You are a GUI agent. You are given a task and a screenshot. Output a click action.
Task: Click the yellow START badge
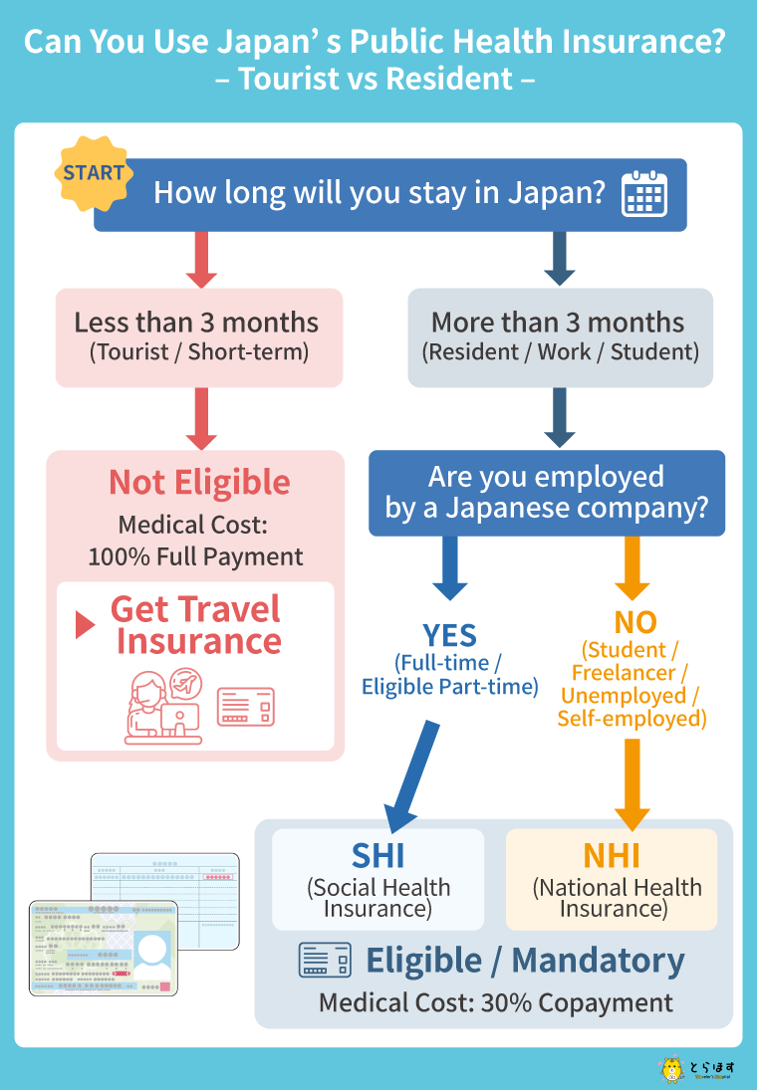94,173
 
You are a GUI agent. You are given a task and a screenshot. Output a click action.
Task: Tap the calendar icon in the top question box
644,194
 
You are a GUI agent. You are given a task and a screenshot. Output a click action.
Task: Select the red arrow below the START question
201,260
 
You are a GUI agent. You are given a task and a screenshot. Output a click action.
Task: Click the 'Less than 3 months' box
197,336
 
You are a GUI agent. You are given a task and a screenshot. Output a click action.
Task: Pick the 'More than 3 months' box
560,336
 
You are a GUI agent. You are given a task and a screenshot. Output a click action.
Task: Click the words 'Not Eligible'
199,482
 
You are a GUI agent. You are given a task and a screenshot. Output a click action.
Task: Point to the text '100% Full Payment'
196,556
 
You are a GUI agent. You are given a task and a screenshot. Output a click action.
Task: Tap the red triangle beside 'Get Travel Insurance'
86,625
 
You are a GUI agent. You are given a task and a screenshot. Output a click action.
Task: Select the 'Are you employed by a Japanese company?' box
546,493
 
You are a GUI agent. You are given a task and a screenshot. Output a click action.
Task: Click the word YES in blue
450,634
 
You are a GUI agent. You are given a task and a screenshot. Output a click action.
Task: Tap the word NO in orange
634,622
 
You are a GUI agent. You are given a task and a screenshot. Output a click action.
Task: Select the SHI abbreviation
378,855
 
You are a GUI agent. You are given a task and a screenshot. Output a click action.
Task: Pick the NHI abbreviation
611,855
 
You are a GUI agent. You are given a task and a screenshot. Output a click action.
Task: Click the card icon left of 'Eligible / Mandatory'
325,961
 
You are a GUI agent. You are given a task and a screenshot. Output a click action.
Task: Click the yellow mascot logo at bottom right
672,1070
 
